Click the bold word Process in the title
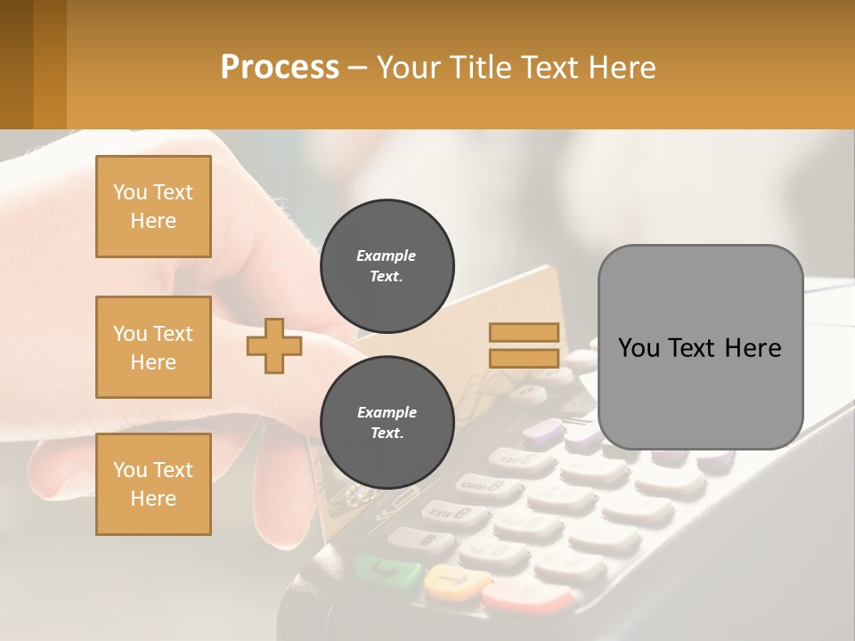[280, 68]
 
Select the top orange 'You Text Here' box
[153, 207]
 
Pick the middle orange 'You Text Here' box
[153, 347]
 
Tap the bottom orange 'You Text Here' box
[153, 484]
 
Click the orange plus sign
[274, 346]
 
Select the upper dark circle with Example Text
[387, 266]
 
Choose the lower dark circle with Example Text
[387, 423]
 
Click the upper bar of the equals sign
[525, 333]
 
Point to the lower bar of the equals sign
[525, 359]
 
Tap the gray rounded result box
[700, 347]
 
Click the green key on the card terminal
[387, 570]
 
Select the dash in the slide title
[358, 68]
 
